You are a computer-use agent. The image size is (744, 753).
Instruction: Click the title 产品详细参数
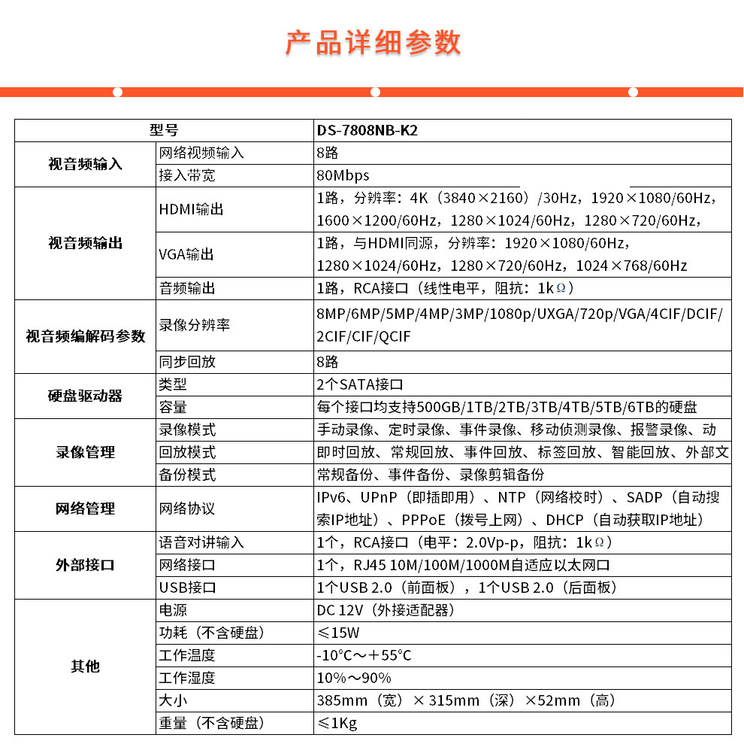[373, 43]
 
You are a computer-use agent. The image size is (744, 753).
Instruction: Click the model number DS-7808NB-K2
[367, 130]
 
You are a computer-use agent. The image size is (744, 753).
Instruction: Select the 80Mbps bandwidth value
[343, 175]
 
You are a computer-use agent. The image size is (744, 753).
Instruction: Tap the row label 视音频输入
[85, 164]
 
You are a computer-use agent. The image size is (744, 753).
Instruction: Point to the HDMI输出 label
[191, 209]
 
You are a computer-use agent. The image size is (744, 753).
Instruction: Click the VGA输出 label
[186, 254]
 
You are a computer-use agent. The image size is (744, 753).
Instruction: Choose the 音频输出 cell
[187, 288]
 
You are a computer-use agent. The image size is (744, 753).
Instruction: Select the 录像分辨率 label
[194, 325]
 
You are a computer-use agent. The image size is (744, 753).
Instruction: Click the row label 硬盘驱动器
[85, 396]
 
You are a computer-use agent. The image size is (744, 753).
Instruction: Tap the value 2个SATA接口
[360, 384]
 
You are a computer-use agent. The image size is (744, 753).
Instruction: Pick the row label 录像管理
[85, 452]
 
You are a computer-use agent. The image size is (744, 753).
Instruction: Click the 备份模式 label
[187, 475]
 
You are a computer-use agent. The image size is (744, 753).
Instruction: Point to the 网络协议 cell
[187, 509]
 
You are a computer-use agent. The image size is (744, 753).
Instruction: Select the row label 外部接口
[85, 565]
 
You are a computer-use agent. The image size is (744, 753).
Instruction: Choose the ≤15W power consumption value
[338, 633]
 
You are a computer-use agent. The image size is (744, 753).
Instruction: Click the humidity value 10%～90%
[354, 678]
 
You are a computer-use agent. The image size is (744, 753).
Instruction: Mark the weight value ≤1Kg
[337, 723]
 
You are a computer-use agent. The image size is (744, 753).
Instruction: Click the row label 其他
[85, 666]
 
